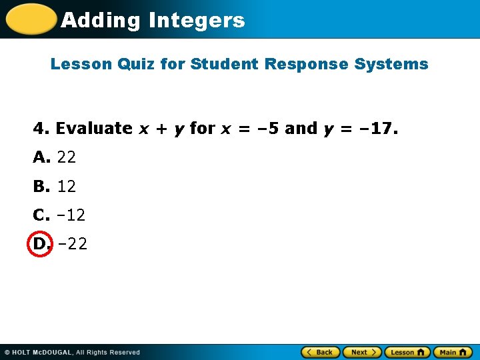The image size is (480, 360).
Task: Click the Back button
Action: pyautogui.click(x=321, y=352)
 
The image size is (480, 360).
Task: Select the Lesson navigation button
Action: pyautogui.click(x=407, y=352)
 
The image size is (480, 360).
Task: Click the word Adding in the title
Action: pyautogui.click(x=100, y=20)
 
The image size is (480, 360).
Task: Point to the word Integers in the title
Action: pyautogui.click(x=197, y=20)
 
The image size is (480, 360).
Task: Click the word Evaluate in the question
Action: pyautogui.click(x=94, y=128)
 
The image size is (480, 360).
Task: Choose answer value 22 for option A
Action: pyautogui.click(x=67, y=157)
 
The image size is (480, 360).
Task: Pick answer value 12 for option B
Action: pyautogui.click(x=67, y=187)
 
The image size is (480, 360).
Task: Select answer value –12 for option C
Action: pyautogui.click(x=71, y=215)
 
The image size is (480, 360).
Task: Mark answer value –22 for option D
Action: pyautogui.click(x=72, y=244)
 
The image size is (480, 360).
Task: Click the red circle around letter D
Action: pyautogui.click(x=40, y=244)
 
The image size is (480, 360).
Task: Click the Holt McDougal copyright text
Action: pyautogui.click(x=72, y=352)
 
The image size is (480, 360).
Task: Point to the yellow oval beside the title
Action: pyautogui.click(x=31, y=19)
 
